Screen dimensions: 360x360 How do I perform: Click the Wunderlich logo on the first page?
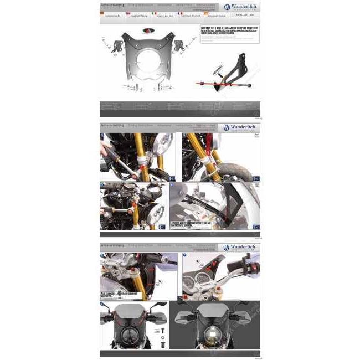pos(240,7)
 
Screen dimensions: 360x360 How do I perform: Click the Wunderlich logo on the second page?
pos(240,127)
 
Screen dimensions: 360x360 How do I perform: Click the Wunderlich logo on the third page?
pos(240,247)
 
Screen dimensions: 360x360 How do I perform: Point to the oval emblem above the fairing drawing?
pos(146,32)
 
